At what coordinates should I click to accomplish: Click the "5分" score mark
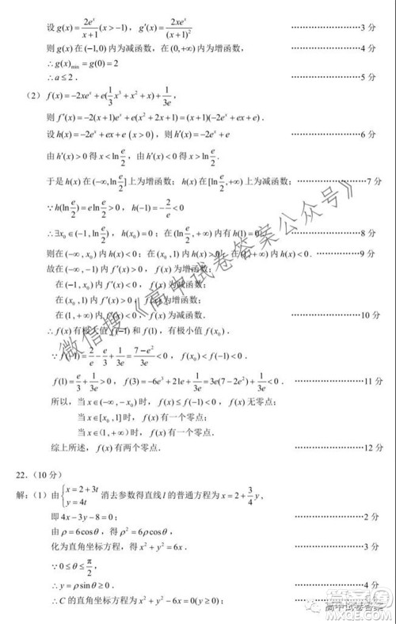[367, 77]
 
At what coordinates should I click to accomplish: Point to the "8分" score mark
[367, 234]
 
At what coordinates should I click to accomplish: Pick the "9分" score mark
[367, 253]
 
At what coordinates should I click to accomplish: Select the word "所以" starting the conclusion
[61, 402]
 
